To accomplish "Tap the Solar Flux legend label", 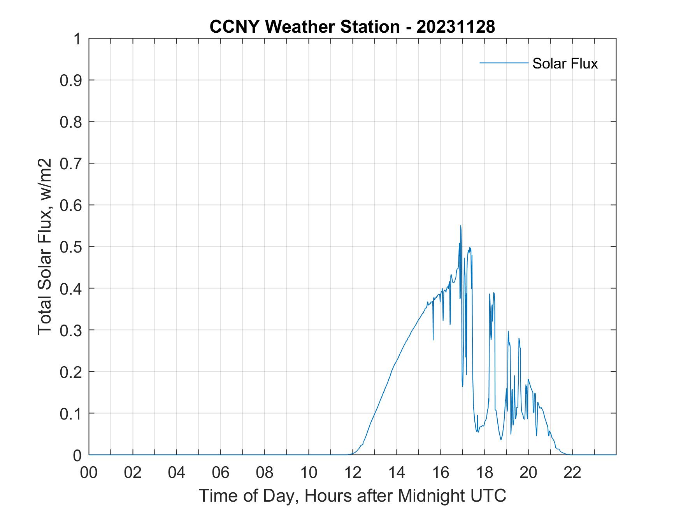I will coord(565,63).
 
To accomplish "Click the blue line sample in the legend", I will coord(504,63).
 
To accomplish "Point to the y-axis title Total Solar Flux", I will coord(45,246).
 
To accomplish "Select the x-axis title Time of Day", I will coord(352,495).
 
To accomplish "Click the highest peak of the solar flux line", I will coord(460,226).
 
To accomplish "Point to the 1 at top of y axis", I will coord(77,39).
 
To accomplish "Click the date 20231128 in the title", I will coord(455,27).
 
